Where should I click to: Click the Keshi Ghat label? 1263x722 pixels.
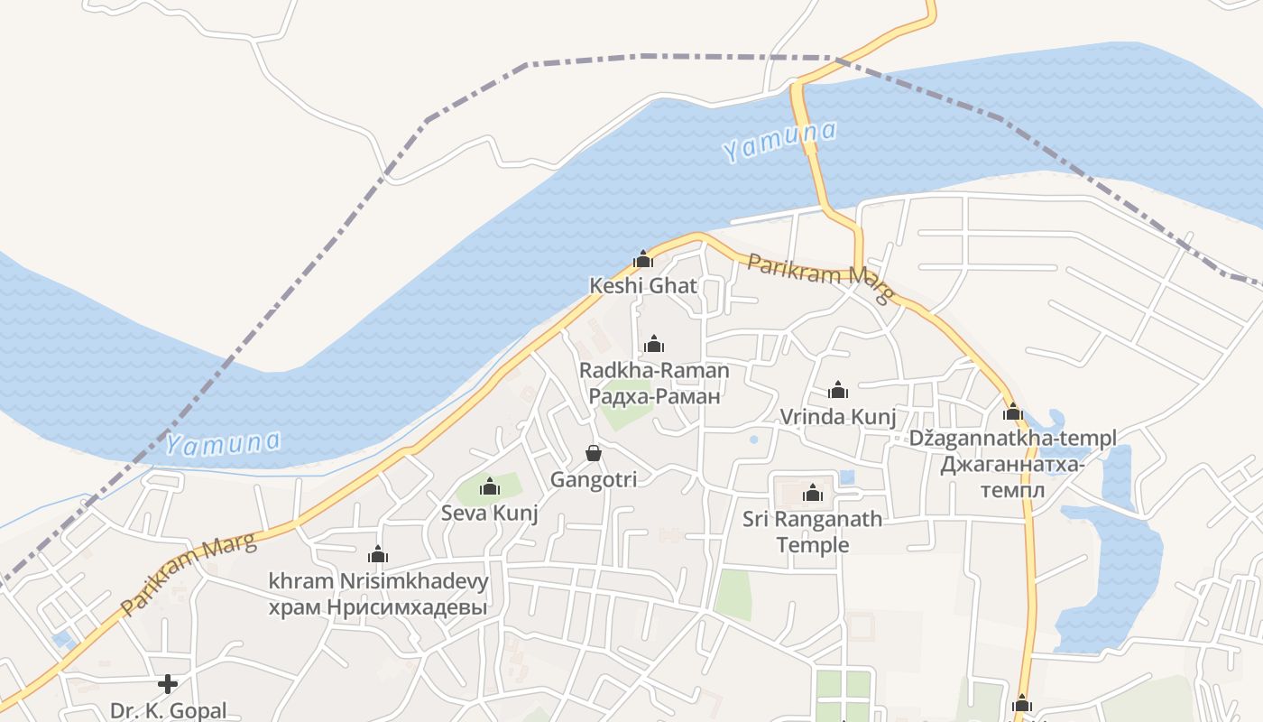(x=642, y=286)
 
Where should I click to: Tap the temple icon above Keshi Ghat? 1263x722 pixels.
(x=643, y=260)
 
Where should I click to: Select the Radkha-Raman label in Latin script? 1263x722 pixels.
(x=654, y=370)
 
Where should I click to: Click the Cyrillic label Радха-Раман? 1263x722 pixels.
(x=654, y=395)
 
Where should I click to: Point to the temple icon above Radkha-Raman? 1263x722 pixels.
(x=654, y=344)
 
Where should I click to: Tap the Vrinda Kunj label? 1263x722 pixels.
(x=838, y=417)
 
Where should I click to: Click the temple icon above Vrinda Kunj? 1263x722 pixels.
(x=838, y=390)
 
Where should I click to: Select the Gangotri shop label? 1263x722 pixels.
(x=594, y=479)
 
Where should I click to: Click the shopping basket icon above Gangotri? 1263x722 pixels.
(x=594, y=452)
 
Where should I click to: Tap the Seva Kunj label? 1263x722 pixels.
(x=490, y=514)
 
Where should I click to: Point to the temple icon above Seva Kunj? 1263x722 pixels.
(x=490, y=487)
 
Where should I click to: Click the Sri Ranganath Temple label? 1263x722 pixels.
(x=813, y=532)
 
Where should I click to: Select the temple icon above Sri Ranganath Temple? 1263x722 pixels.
(x=813, y=493)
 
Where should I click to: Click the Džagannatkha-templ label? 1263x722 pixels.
(x=1013, y=439)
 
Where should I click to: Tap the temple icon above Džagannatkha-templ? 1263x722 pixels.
(x=1013, y=412)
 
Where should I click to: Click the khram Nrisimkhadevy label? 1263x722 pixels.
(x=378, y=581)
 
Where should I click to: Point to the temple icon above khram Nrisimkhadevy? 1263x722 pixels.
(x=378, y=554)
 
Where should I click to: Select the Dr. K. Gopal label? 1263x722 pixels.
(x=168, y=710)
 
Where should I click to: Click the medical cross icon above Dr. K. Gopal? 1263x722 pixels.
(x=168, y=683)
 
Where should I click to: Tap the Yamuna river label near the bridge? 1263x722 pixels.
(x=779, y=142)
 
